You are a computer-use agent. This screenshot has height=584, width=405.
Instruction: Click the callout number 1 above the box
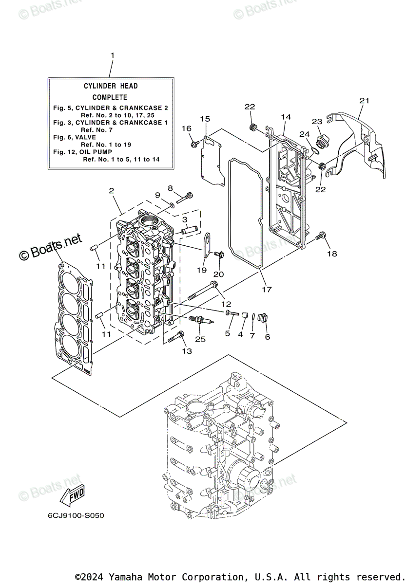point(112,55)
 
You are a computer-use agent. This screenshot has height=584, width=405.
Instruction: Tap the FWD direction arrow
point(71,496)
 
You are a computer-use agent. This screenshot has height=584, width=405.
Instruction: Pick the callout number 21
point(365,101)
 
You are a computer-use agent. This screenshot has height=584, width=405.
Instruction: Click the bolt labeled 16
point(194,144)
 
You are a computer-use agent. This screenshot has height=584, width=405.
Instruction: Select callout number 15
point(205,119)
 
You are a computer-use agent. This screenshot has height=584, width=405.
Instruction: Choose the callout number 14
point(286,117)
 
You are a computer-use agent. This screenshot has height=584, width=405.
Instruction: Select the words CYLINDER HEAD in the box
point(111,86)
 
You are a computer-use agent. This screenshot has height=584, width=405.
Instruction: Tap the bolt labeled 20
point(218,254)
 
